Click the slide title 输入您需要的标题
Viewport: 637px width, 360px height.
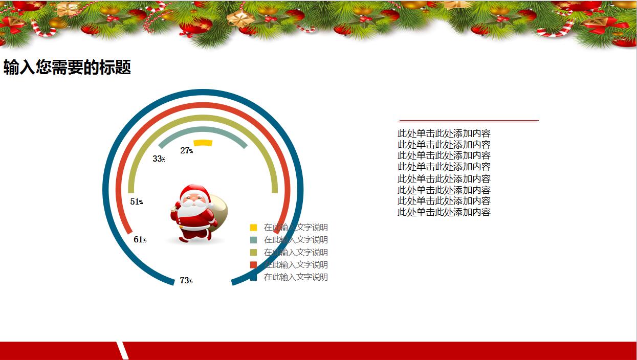[x=67, y=67]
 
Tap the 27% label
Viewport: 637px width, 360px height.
[x=187, y=150]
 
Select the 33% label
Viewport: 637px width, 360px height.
[x=159, y=159]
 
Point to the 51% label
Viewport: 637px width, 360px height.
[x=137, y=202]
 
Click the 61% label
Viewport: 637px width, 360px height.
[x=140, y=239]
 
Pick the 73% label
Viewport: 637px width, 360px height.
[x=186, y=280]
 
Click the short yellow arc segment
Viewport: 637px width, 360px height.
[x=203, y=143]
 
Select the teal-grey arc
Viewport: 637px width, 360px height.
[x=203, y=129]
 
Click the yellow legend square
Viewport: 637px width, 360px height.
[x=253, y=228]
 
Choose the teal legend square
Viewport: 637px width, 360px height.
[x=253, y=240]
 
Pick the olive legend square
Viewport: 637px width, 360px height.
[x=253, y=252]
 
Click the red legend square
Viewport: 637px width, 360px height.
[x=253, y=265]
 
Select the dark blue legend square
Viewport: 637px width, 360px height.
[x=253, y=277]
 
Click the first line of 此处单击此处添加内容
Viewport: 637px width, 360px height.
[x=444, y=133]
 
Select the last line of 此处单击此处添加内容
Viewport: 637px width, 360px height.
[x=444, y=212]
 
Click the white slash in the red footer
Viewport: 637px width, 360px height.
[x=122, y=350]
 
